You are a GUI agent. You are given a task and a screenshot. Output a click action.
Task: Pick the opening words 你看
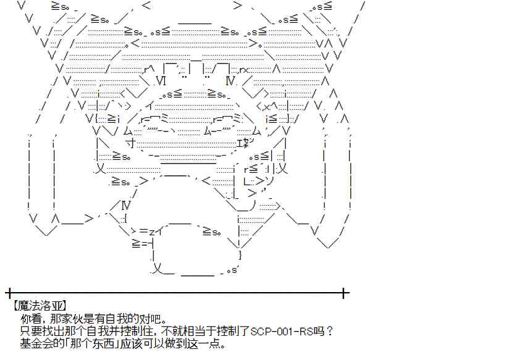(29, 319)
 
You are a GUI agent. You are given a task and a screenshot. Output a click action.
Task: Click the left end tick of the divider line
(8, 291)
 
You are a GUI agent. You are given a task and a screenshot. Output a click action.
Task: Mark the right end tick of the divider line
(345, 291)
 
